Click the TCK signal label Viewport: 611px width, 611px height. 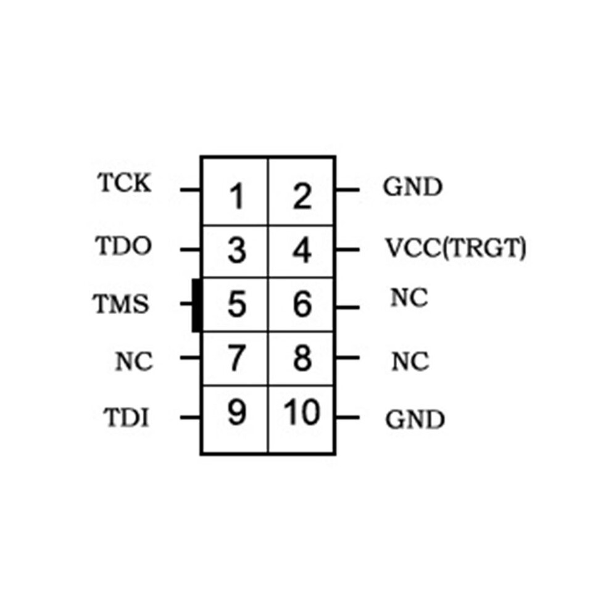tap(124, 182)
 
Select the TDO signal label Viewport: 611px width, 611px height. tap(123, 246)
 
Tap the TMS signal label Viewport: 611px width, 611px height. tap(121, 304)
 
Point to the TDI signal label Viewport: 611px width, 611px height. tap(127, 417)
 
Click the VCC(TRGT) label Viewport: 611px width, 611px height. tap(455, 248)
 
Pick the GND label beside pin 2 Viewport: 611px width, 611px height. tap(413, 186)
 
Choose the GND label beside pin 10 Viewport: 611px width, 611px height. tap(415, 420)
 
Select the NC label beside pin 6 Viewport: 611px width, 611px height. tap(409, 297)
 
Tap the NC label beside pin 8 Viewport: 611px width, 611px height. tap(410, 361)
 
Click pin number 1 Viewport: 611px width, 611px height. tap(237, 196)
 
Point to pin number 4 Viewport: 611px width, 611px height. tap(302, 250)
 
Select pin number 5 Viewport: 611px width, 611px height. tap(237, 304)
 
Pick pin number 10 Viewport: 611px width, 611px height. tap(302, 412)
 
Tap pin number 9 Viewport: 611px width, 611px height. tap(237, 412)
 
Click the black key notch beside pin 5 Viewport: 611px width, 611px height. tap(197, 305)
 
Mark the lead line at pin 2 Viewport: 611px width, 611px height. tap(347, 189)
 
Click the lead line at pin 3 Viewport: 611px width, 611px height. tap(190, 249)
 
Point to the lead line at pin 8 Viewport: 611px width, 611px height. tap(347, 357)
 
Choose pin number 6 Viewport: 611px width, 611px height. tap(302, 304)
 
